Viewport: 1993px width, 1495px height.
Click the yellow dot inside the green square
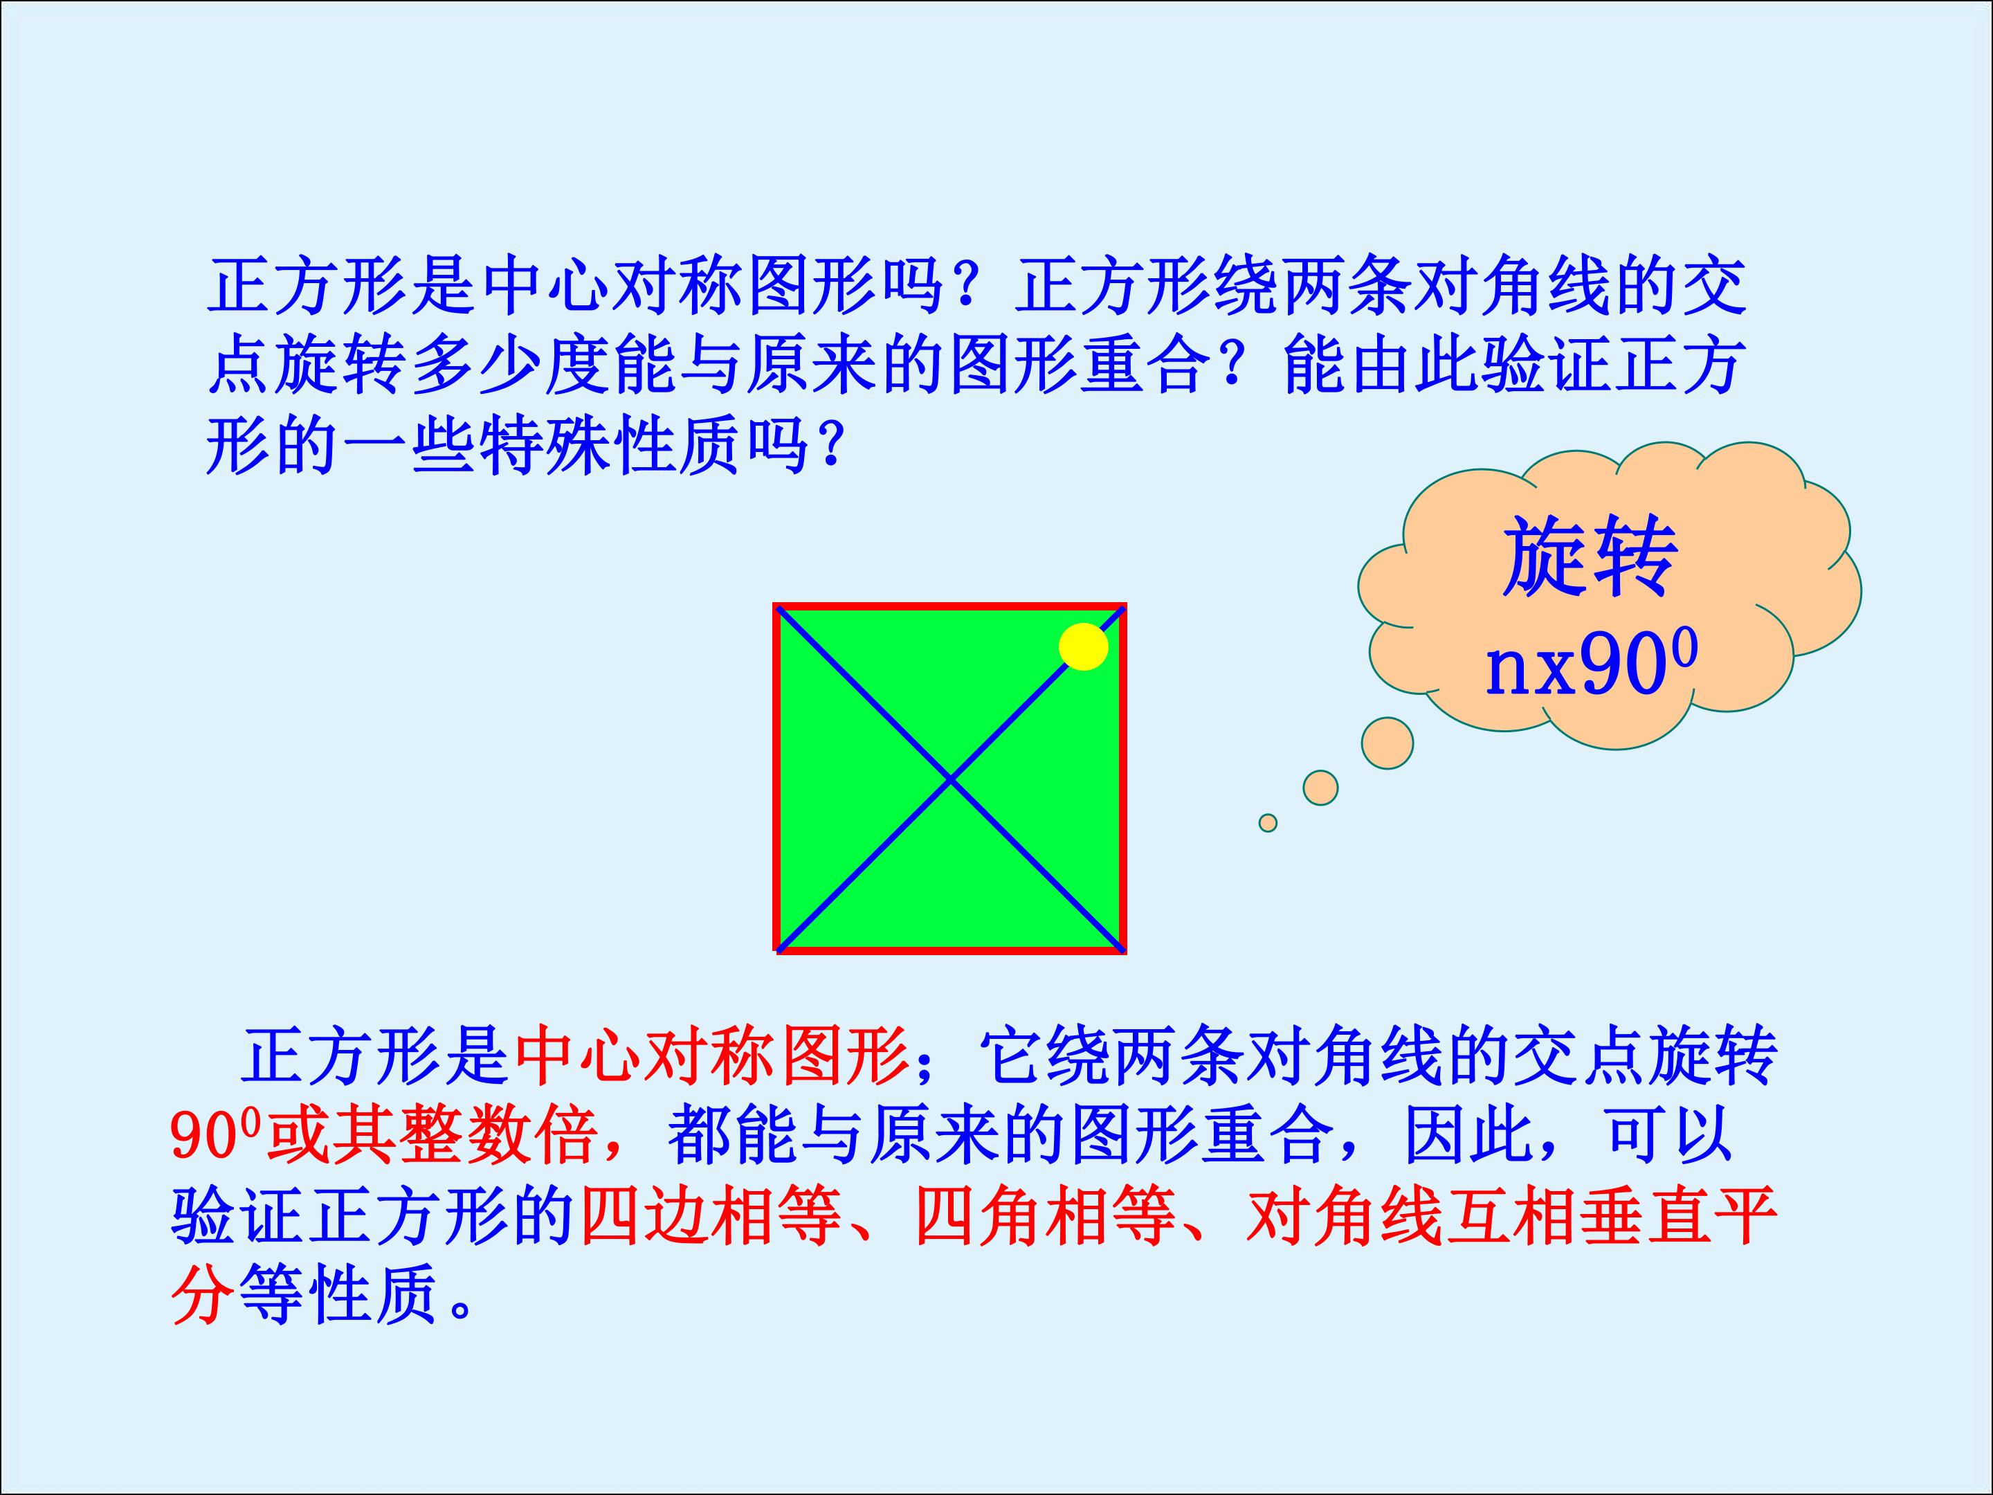[1083, 646]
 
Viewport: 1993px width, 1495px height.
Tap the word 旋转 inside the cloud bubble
[1590, 557]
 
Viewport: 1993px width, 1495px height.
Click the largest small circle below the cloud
[1387, 743]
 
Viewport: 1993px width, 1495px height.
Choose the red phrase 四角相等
[1045, 1217]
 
